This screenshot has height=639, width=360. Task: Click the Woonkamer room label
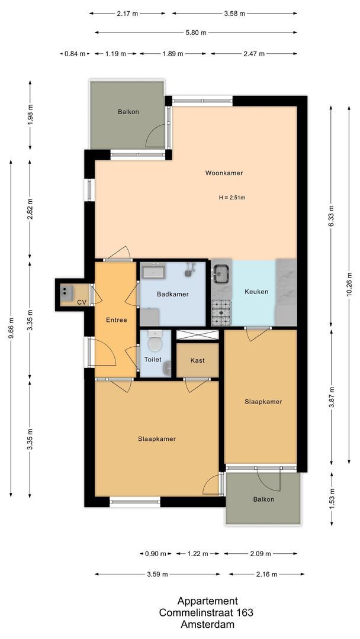[x=224, y=173]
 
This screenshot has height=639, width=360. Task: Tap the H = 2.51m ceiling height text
[x=232, y=198]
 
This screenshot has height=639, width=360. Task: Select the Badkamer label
[x=172, y=294]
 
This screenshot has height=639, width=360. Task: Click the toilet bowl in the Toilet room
[x=155, y=343]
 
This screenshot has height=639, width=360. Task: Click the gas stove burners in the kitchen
[x=221, y=313]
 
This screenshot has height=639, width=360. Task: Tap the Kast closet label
[x=197, y=360]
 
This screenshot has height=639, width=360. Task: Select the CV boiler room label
[x=82, y=302]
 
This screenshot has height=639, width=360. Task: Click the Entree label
[x=116, y=320]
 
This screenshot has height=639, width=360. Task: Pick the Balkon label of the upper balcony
[x=128, y=111]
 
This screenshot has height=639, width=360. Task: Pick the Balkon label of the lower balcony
[x=263, y=499]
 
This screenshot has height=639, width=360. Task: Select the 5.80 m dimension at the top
[x=195, y=33]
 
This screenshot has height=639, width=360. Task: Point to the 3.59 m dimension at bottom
[x=157, y=574]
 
